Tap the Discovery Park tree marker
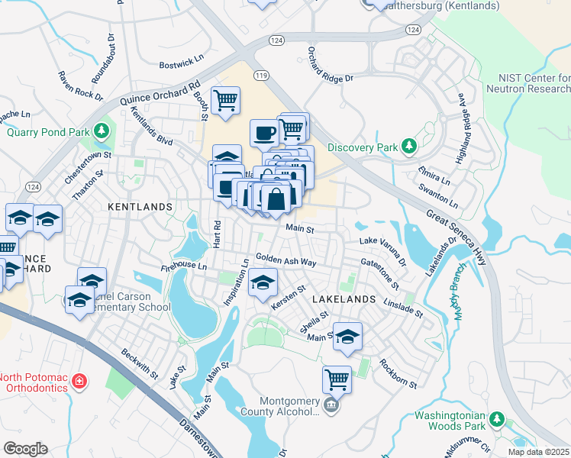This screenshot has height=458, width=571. pyautogui.click(x=409, y=146)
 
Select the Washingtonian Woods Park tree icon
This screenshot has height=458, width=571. pyautogui.click(x=497, y=418)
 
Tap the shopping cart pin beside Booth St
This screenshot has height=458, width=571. pyautogui.click(x=225, y=101)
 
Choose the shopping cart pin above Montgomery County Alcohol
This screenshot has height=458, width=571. pyautogui.click(x=337, y=378)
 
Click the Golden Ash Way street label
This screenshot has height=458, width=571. pyautogui.click(x=285, y=261)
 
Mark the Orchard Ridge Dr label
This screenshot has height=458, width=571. pyautogui.click(x=331, y=66)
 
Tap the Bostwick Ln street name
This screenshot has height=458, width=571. pyautogui.click(x=182, y=66)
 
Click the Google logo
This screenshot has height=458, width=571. pyautogui.click(x=25, y=449)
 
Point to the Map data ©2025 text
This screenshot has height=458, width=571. pyautogui.click(x=539, y=452)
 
